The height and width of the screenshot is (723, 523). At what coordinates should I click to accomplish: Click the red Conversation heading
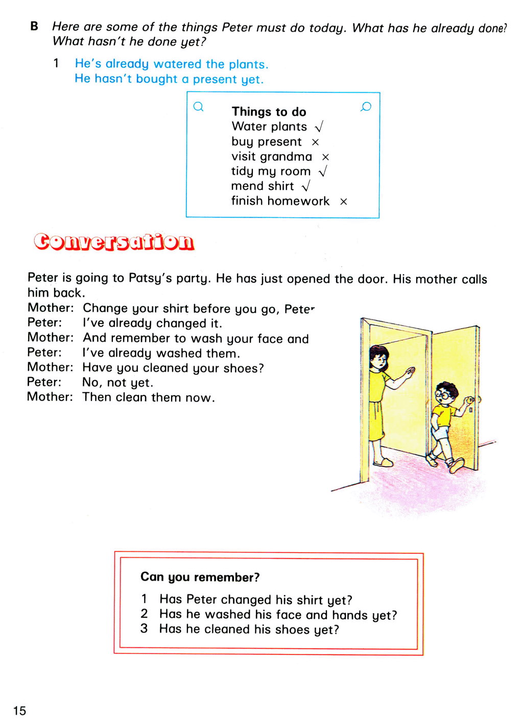click(x=114, y=242)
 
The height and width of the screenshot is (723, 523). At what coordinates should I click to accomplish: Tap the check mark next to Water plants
click(x=319, y=127)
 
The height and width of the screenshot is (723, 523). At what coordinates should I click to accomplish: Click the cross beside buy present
click(x=315, y=142)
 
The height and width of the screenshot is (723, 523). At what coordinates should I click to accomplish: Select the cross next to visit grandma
click(x=325, y=157)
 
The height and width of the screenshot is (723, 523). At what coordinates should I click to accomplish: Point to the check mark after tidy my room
click(x=322, y=172)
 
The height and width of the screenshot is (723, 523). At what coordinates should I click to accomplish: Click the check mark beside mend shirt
click(x=306, y=186)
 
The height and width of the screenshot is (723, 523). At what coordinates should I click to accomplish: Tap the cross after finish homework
click(x=344, y=202)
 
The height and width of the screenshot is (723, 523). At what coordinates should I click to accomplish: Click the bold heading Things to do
click(x=269, y=111)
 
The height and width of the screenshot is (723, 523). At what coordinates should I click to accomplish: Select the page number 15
click(x=19, y=710)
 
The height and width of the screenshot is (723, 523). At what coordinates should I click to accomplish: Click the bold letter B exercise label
click(x=34, y=26)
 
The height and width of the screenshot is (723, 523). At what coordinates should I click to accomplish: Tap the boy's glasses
click(x=444, y=394)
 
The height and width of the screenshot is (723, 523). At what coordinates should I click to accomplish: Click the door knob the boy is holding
click(x=471, y=401)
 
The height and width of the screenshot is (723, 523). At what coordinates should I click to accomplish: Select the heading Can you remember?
click(x=200, y=577)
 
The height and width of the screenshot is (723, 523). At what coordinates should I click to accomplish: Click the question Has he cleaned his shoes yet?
click(x=249, y=629)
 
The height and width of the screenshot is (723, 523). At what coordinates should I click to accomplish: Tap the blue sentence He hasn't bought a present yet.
click(x=169, y=79)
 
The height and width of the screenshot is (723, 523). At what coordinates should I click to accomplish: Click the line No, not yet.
click(x=117, y=383)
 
